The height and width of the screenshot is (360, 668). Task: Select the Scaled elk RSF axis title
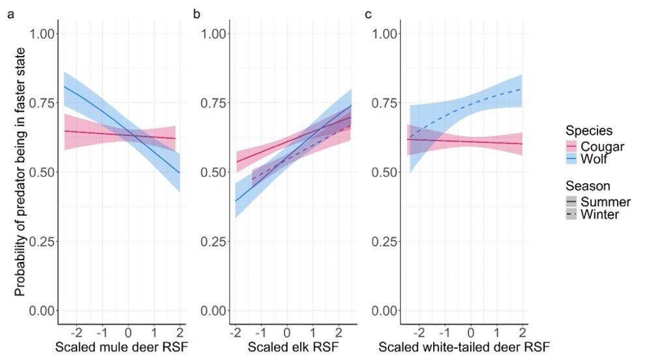288,346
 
